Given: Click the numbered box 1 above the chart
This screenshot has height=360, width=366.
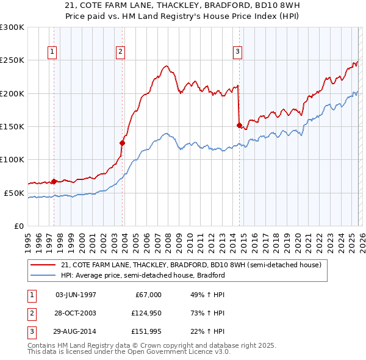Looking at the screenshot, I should pyautogui.click(x=53, y=52).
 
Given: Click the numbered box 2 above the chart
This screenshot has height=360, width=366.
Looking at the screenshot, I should pyautogui.click(x=121, y=52).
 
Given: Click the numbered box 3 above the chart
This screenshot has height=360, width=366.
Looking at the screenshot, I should pyautogui.click(x=237, y=52).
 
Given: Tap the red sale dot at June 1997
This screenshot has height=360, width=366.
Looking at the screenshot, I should pyautogui.click(x=54, y=181).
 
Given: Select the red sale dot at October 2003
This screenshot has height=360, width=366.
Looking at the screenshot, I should pyautogui.click(x=123, y=143).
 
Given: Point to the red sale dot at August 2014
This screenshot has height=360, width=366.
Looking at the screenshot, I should pyautogui.click(x=239, y=125).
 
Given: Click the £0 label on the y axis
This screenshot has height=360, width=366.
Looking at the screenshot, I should pyautogui.click(x=18, y=226).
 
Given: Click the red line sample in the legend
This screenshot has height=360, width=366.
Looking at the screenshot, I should pyautogui.click(x=43, y=265).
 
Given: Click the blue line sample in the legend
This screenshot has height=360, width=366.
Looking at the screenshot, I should pyautogui.click(x=43, y=275).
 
